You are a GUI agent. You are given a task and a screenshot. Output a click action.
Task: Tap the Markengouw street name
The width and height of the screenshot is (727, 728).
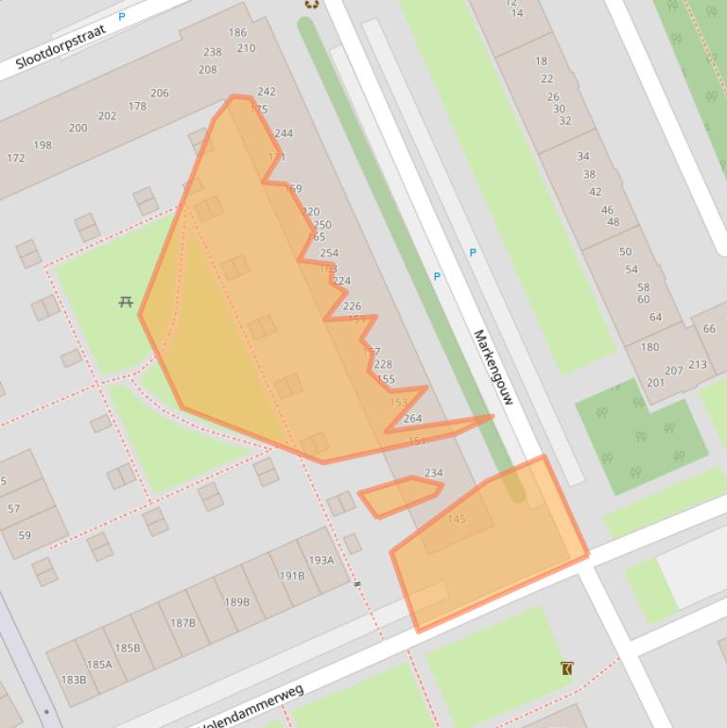tap(493, 367)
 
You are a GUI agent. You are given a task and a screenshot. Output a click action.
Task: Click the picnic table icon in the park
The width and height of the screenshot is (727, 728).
tap(126, 302)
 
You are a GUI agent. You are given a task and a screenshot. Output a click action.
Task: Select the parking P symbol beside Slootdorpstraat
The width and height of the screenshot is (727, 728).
tap(122, 17)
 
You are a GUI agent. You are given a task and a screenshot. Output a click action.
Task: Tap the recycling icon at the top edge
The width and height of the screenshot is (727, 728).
tap(311, 4)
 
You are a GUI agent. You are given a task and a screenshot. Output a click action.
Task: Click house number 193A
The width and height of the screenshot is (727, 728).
tap(321, 560)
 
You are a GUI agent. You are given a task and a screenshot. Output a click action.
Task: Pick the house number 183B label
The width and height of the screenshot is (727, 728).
tap(74, 680)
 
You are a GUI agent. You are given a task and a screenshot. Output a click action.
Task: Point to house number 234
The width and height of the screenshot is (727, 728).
tap(433, 473)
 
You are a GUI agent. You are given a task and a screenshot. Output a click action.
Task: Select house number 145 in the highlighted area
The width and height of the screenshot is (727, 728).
tap(457, 519)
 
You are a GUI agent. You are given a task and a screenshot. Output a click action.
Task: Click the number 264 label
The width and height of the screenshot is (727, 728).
tap(412, 419)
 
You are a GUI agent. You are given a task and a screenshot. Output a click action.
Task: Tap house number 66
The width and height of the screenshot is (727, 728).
tap(709, 328)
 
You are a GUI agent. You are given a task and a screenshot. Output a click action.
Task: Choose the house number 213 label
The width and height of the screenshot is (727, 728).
tap(698, 365)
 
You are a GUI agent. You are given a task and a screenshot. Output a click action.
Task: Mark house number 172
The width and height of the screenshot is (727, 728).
tap(16, 158)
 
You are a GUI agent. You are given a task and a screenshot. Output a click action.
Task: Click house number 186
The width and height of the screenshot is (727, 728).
tap(237, 33)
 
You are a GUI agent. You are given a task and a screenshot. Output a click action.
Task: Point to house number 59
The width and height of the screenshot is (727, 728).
tap(25, 535)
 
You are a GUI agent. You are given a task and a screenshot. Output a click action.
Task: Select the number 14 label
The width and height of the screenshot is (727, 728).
tap(516, 13)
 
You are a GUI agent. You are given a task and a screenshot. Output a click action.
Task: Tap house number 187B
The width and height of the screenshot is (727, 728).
tap(182, 623)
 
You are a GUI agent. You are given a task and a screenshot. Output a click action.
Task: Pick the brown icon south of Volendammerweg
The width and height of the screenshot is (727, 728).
tap(566, 668)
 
